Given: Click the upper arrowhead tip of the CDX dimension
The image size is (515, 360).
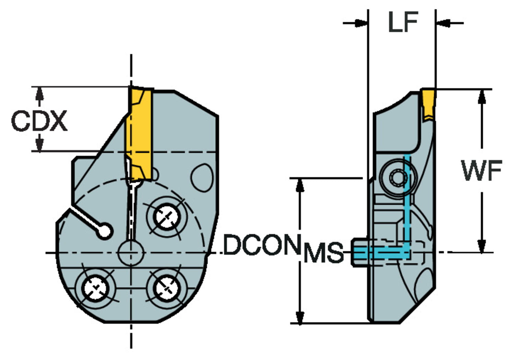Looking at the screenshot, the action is [40, 87].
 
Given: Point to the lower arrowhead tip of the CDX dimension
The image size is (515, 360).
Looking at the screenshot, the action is [40, 151].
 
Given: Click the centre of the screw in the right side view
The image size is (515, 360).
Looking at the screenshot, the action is [398, 178].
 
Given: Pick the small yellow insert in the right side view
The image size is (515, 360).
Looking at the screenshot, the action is [428, 105].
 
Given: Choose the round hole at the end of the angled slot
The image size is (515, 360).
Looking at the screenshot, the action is [105, 232].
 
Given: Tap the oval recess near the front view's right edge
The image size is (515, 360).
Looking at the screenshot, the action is [202, 177].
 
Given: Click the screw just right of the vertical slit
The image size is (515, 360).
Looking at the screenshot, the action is [167, 217].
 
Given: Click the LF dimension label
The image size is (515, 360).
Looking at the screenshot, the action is [403, 22].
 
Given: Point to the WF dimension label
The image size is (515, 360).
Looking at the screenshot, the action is [482, 170].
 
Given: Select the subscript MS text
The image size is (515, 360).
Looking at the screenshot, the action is [324, 252].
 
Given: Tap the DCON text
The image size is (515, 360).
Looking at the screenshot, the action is [262, 245].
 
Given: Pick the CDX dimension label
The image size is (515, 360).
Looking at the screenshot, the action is [39, 121].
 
